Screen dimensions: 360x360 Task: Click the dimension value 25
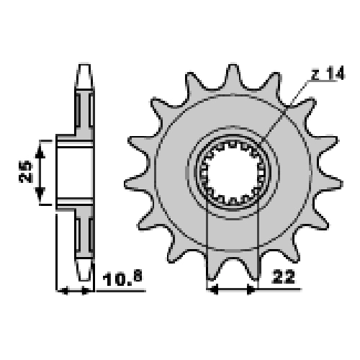point(26,172)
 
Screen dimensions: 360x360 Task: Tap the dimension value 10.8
point(122,279)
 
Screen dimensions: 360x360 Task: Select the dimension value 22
point(284,277)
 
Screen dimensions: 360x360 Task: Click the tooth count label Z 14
point(328,73)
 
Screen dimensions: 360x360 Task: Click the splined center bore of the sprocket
point(233,172)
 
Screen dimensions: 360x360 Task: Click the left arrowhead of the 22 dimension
point(214,289)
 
